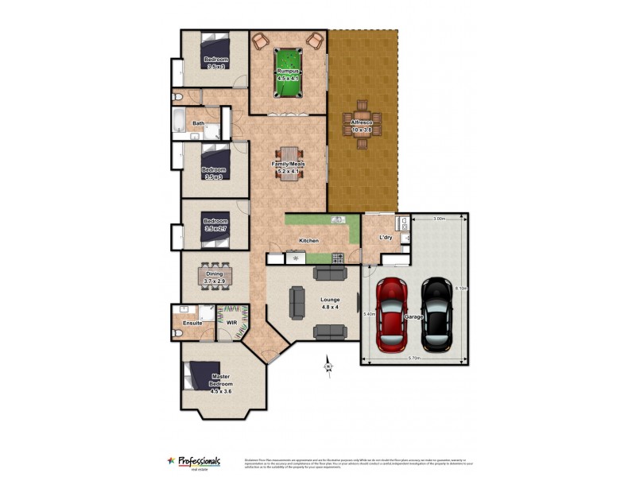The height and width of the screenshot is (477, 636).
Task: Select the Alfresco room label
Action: coord(363,126)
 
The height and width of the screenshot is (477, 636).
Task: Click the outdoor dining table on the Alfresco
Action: coord(363,125)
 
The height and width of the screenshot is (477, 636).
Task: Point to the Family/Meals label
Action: coord(291,167)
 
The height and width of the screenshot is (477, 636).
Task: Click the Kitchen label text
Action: coord(309,240)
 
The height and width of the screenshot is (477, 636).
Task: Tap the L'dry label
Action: coord(386,238)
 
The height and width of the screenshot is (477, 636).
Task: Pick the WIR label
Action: coord(232,323)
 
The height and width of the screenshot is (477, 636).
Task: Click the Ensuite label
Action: coord(192,323)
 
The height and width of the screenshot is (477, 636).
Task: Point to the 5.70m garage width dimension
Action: coord(415,359)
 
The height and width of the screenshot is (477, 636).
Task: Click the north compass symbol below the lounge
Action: coord(328,365)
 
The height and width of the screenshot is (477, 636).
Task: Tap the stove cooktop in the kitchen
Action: coord(338,258)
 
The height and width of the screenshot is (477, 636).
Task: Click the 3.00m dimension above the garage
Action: coord(439,219)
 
